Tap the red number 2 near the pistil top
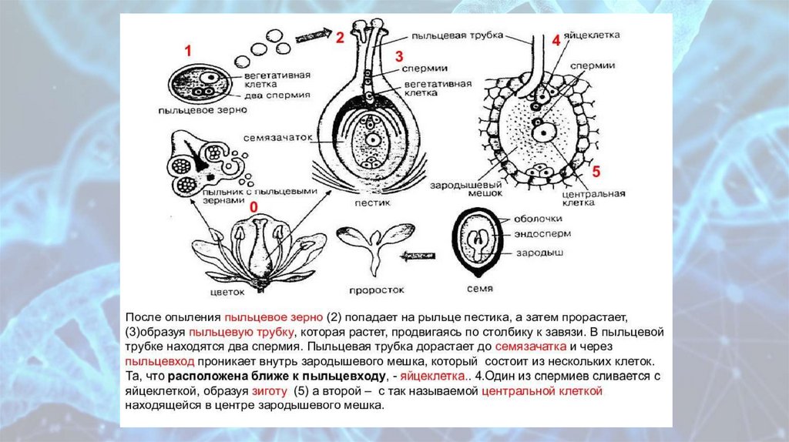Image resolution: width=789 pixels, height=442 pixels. [x=339, y=36]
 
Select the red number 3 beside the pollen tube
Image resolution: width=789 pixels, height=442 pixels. [x=399, y=56]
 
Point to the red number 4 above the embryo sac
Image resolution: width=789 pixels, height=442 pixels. [x=556, y=42]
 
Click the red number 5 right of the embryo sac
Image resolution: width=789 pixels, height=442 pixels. [x=596, y=170]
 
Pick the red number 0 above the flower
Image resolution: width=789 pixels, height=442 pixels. [x=253, y=208]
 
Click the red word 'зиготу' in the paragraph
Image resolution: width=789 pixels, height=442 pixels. [x=263, y=391]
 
